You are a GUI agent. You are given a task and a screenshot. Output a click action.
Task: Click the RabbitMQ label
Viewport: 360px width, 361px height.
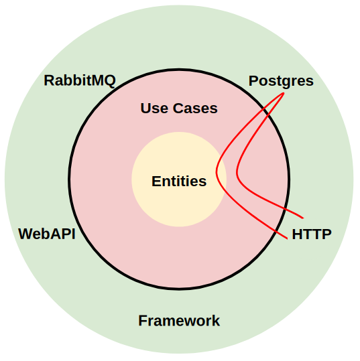point(80,81)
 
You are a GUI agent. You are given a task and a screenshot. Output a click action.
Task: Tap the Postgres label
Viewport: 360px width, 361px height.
point(281,82)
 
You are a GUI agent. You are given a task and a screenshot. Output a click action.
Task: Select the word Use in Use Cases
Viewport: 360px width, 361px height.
point(154,109)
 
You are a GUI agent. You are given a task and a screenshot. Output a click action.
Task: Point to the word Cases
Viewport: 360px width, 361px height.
point(195,109)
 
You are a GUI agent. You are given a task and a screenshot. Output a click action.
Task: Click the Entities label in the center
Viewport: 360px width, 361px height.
point(179,182)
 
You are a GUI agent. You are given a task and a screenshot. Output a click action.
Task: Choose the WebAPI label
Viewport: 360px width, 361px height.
point(47,234)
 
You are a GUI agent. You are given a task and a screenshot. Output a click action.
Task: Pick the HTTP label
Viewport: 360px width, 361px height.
point(312,234)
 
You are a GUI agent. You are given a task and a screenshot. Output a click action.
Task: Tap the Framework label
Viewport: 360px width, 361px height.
point(179,320)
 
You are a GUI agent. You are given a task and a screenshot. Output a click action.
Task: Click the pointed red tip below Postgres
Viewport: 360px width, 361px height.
point(284,93)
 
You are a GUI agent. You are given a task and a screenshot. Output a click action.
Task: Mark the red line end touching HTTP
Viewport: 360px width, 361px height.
point(287,238)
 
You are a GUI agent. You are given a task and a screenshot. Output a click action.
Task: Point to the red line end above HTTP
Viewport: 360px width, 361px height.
point(303,218)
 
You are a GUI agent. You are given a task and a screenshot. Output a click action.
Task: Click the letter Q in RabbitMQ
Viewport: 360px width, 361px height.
point(109,81)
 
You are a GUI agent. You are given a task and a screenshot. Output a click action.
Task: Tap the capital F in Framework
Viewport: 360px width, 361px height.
point(142,320)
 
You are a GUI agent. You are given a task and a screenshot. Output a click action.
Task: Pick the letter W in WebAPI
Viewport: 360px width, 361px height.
point(26,234)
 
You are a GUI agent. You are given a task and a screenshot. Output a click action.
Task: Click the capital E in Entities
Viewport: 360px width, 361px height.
point(156,182)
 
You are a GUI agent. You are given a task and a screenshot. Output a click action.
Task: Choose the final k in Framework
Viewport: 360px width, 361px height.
point(216,320)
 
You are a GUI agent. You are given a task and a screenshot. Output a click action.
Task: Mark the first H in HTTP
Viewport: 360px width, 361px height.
point(297,234)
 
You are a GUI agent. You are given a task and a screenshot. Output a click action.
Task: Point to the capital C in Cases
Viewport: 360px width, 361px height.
point(178,109)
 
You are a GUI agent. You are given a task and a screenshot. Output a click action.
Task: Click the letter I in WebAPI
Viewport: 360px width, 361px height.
point(74,234)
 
